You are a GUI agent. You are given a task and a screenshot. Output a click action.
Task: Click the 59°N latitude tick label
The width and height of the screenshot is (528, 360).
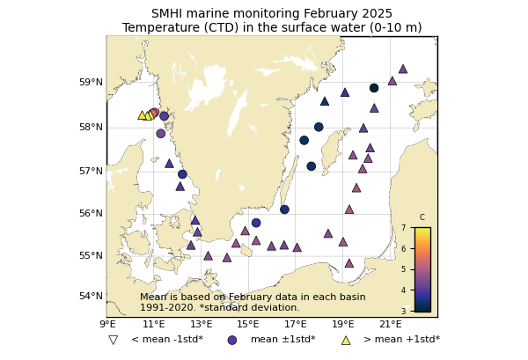tap(92, 83)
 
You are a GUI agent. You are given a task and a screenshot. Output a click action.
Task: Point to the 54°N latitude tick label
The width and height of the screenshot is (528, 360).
tap(92, 296)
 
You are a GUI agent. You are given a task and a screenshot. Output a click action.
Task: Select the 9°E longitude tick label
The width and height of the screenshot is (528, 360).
tap(106, 325)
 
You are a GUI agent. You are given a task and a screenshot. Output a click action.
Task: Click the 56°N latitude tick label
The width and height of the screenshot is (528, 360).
tap(92, 213)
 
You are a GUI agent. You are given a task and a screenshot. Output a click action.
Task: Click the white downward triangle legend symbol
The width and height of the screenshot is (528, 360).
tap(113, 340)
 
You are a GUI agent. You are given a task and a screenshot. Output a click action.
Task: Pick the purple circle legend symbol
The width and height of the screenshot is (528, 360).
tap(232, 340)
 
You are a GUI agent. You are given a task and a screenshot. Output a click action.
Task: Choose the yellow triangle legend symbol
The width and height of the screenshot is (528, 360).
tap(345, 340)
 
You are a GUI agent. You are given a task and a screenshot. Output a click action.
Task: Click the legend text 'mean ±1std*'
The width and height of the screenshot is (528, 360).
tap(282, 340)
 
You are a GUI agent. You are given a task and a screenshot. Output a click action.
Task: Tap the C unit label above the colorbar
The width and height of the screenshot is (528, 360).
tap(422, 217)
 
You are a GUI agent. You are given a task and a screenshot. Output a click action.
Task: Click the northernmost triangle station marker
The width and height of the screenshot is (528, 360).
tap(402, 69)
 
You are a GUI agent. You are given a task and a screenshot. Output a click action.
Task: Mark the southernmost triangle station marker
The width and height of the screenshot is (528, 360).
tap(348, 263)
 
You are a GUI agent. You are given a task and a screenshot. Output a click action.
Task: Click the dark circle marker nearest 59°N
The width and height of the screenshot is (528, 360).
tap(374, 88)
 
